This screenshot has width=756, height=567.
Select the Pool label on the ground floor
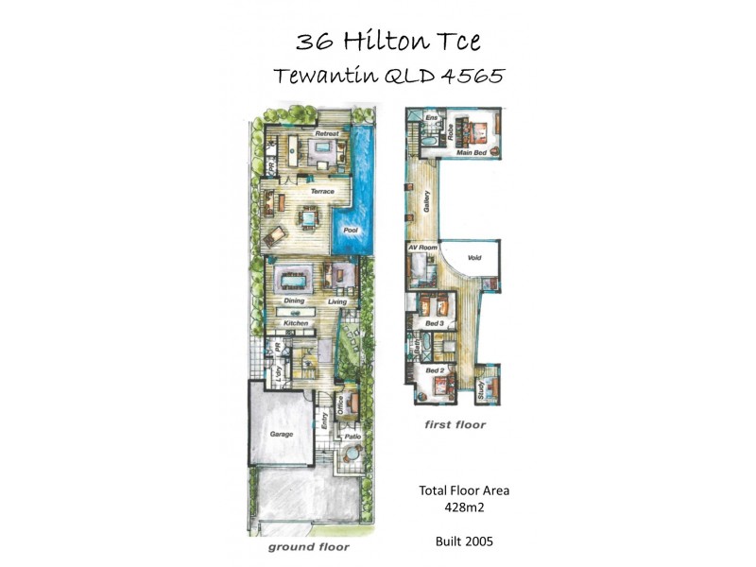(350, 231)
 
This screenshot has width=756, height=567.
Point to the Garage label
(281, 434)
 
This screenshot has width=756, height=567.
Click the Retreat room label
(327, 135)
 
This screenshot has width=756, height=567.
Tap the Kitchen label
(297, 323)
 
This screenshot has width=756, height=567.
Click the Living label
(338, 302)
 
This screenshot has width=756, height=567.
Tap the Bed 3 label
(434, 324)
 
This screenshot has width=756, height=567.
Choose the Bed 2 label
(434, 371)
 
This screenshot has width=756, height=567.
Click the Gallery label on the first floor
(426, 201)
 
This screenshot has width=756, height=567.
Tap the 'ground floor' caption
(308, 547)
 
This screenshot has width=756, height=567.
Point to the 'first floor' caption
(455, 425)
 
